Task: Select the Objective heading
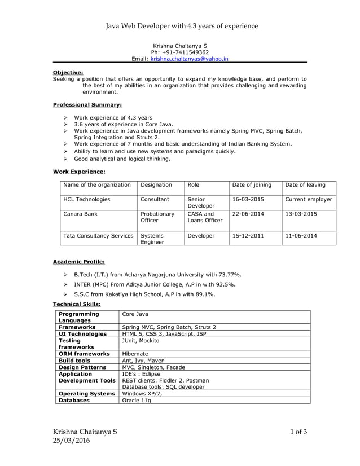pos(68,72)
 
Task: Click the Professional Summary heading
pos(87,105)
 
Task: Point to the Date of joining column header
pos(252,184)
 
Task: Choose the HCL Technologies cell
pos(87,199)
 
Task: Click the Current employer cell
pos(309,199)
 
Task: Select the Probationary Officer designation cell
pos(157,217)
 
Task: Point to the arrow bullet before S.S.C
pos(66,294)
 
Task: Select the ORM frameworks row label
pos(84,354)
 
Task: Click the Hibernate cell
pos(135,354)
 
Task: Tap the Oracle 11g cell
pos(136,400)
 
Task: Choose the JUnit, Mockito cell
pos(141,341)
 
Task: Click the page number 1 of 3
pos(298,432)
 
